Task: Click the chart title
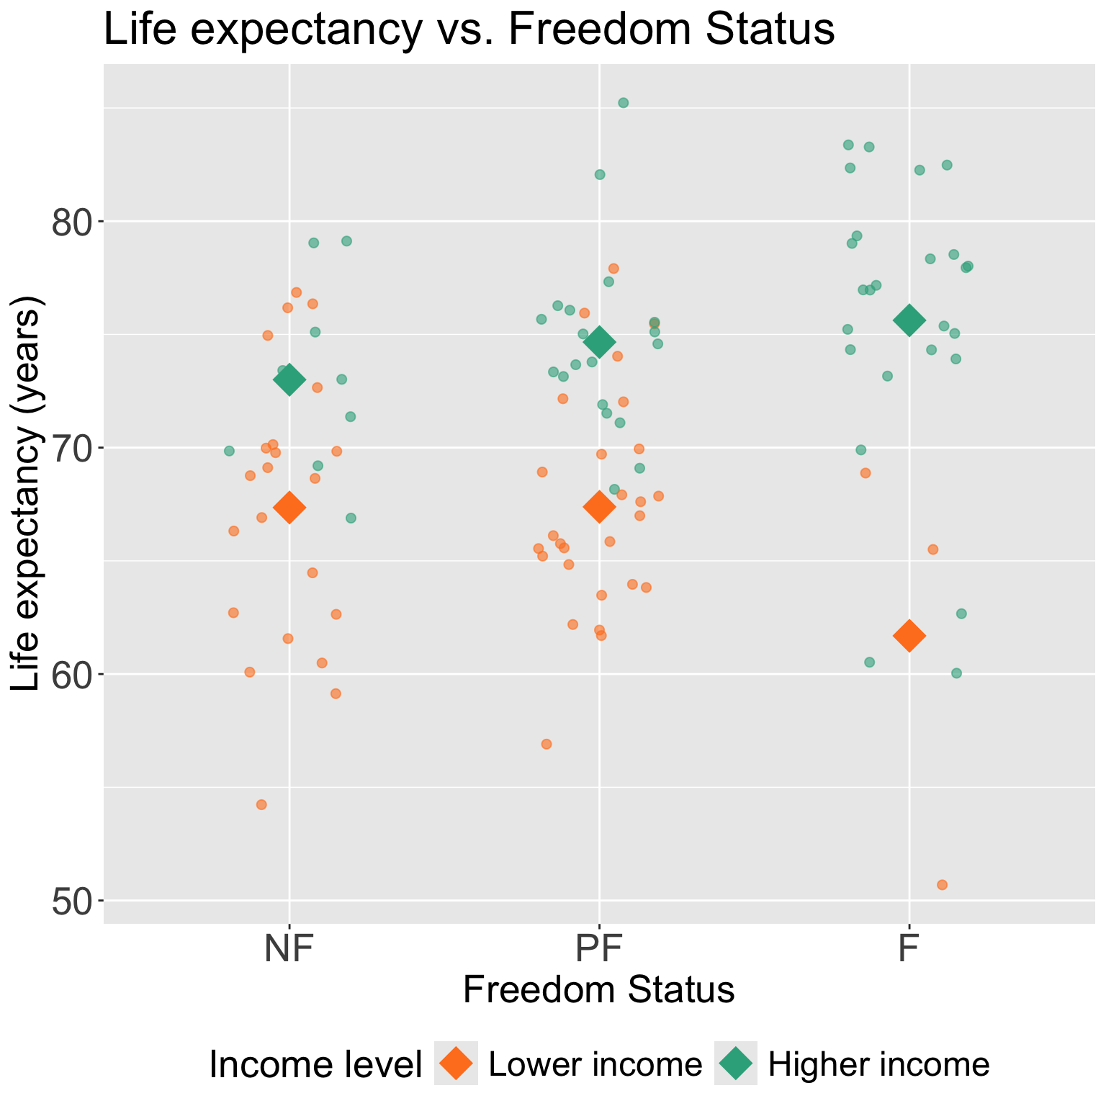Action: (x=469, y=30)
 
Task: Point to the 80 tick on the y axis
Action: (x=71, y=222)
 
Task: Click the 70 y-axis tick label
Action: (x=71, y=448)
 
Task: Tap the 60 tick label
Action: (x=71, y=675)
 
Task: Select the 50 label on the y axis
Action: (x=71, y=902)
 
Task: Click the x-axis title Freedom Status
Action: (x=598, y=990)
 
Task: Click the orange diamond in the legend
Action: (x=456, y=1064)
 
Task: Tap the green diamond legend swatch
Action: (x=736, y=1064)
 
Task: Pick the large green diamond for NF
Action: (x=289, y=379)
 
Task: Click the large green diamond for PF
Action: (x=599, y=342)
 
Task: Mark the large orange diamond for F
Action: (x=909, y=636)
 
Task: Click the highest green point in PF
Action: (x=624, y=103)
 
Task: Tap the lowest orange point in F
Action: (x=942, y=885)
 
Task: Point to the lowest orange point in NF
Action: (x=261, y=805)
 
